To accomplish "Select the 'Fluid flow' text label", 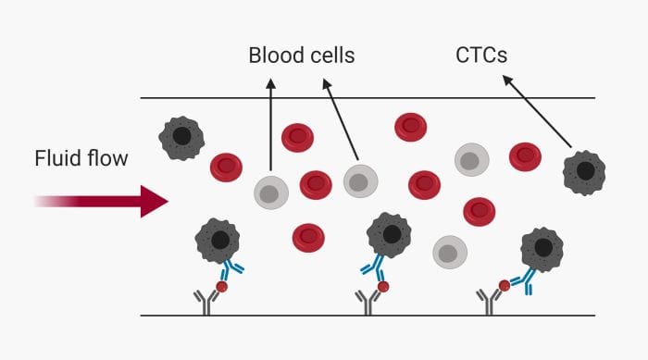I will click(81, 159).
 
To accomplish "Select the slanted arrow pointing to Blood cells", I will click(340, 120).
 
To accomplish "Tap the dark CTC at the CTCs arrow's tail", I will click(585, 171).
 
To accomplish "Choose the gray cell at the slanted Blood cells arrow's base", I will click(361, 180).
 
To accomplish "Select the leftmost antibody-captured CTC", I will click(218, 241).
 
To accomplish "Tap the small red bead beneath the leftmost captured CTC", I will click(221, 286).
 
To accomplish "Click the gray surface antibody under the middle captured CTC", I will click(363, 301).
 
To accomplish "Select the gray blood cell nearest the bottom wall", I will click(450, 250).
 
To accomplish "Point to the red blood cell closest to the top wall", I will click(410, 127).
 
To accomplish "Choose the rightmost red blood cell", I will click(525, 156).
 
